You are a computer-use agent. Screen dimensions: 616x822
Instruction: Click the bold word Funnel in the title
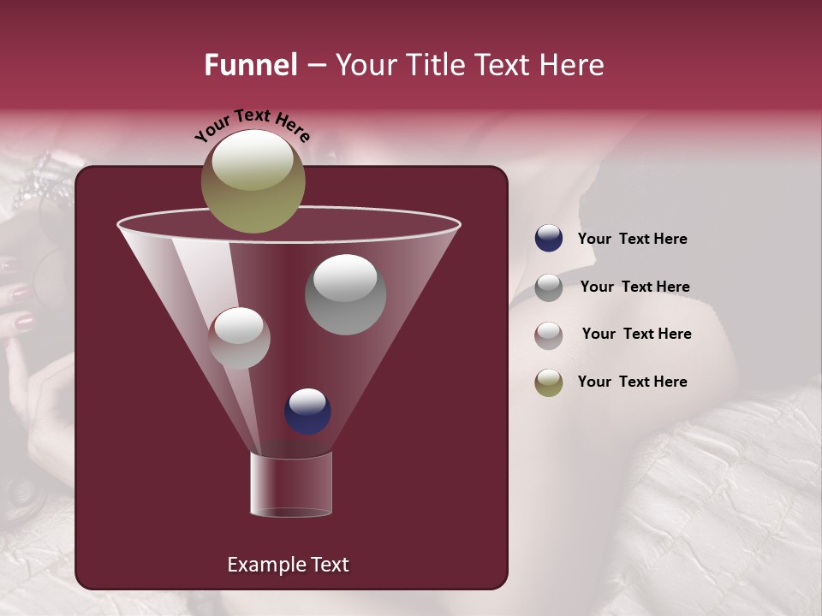click(x=251, y=65)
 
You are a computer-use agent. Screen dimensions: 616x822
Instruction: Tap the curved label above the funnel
click(x=252, y=125)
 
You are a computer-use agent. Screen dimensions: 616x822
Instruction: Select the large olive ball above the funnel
click(x=253, y=181)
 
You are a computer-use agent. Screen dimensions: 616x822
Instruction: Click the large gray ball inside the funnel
click(x=345, y=294)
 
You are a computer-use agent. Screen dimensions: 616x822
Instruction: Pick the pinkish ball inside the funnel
click(x=239, y=338)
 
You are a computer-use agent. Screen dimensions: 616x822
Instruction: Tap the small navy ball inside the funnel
click(x=307, y=411)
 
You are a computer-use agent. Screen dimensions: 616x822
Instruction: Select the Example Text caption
click(x=288, y=565)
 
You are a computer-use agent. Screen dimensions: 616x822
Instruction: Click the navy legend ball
click(x=549, y=239)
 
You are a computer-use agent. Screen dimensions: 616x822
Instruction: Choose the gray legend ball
click(x=549, y=287)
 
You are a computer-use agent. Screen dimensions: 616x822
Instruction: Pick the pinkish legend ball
click(x=549, y=335)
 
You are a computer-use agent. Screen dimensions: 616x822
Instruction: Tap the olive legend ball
click(x=549, y=382)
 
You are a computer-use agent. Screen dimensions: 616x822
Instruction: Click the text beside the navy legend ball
click(x=632, y=239)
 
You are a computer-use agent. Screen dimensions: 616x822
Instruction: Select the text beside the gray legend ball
click(x=634, y=287)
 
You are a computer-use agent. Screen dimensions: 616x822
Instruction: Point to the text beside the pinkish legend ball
click(x=636, y=334)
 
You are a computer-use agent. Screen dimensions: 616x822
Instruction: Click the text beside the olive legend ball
click(x=632, y=382)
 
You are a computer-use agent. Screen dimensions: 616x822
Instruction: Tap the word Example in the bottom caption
click(x=265, y=565)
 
